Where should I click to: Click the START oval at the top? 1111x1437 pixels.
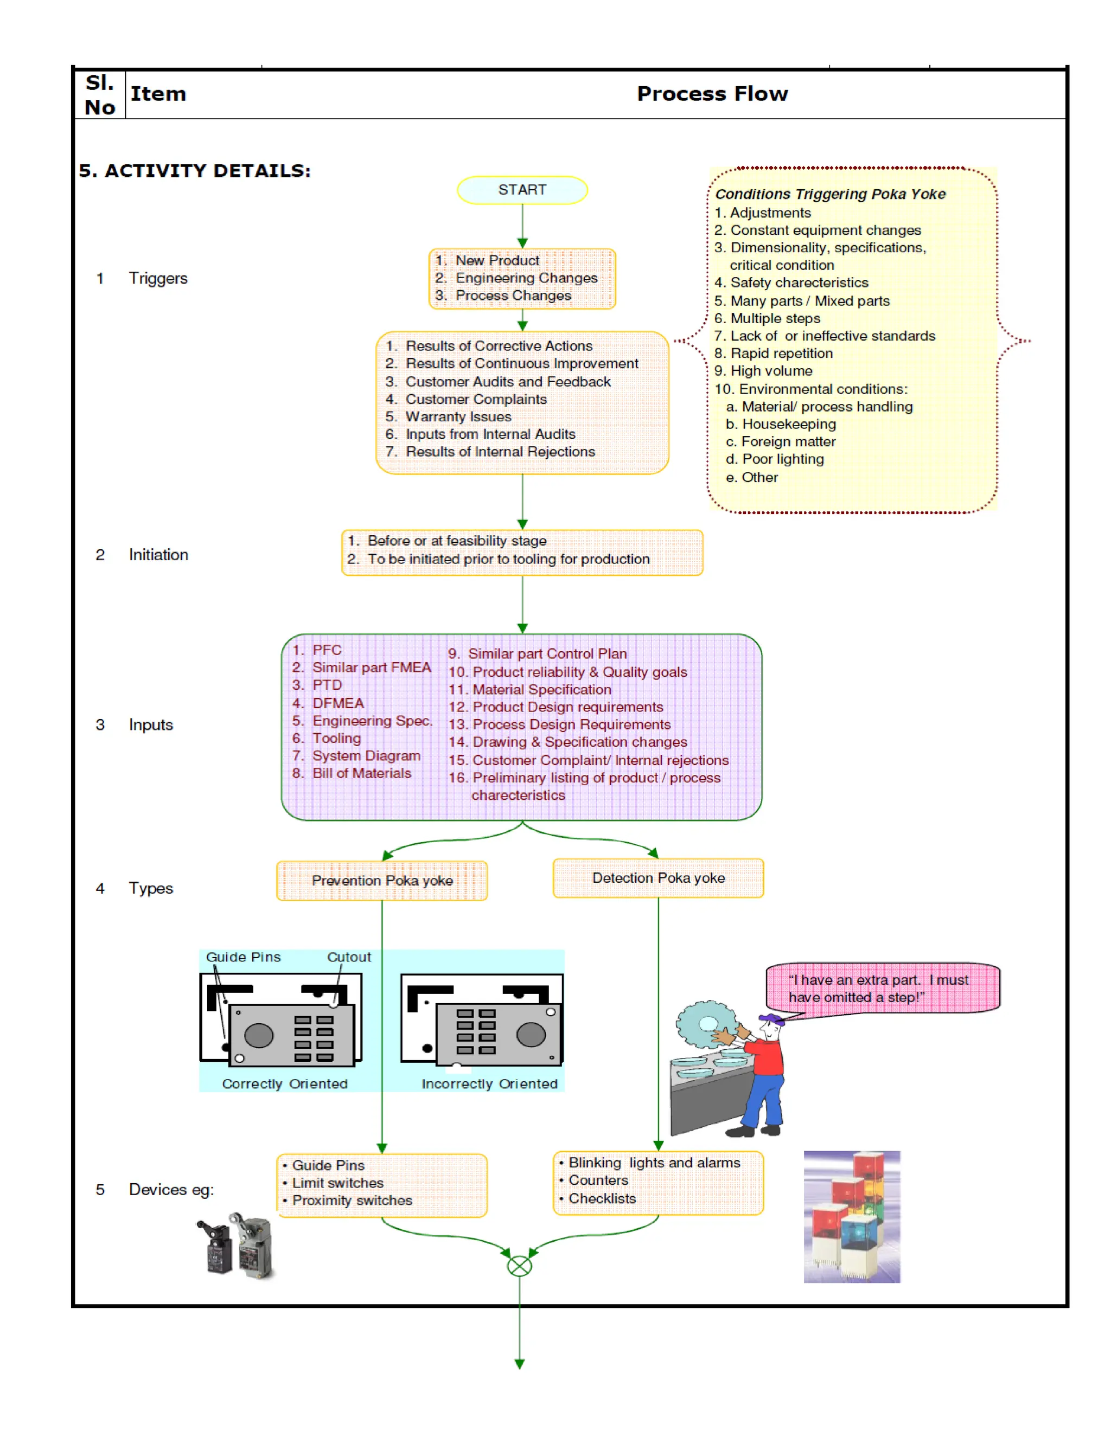pyautogui.click(x=522, y=190)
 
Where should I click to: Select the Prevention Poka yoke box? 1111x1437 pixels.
pyautogui.click(x=382, y=880)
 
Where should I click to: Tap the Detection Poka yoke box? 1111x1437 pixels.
pyautogui.click(x=658, y=878)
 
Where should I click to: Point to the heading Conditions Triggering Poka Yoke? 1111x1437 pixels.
pyautogui.click(x=830, y=194)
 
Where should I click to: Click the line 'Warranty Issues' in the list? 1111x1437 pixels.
pyautogui.click(x=458, y=416)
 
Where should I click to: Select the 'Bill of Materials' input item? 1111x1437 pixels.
pyautogui.click(x=361, y=773)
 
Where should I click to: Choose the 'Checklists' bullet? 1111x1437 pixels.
pyautogui.click(x=602, y=1198)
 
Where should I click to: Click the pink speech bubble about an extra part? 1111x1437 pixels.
pyautogui.click(x=882, y=988)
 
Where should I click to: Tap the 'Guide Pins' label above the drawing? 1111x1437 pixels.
pyautogui.click(x=244, y=957)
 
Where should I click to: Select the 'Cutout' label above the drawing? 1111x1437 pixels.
pyautogui.click(x=349, y=957)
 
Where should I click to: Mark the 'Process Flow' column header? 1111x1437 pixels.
pyautogui.click(x=712, y=94)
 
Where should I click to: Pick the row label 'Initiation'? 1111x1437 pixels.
pyautogui.click(x=158, y=555)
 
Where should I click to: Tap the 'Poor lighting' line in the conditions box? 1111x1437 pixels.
pyautogui.click(x=783, y=459)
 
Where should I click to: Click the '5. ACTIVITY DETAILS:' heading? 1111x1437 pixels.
pyautogui.click(x=195, y=171)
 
